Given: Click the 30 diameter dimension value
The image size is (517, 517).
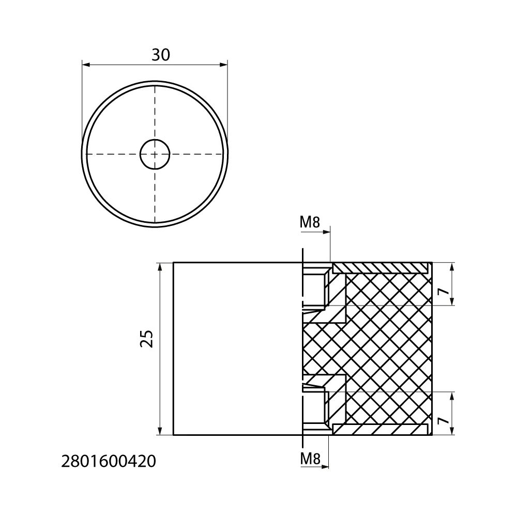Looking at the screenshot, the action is click(161, 55).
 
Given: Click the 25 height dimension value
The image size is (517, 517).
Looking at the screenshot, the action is click(147, 338).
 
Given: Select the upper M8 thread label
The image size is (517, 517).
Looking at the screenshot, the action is click(310, 223).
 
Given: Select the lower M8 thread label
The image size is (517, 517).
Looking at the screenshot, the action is click(310, 459).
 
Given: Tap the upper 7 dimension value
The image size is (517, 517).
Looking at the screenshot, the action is click(444, 291).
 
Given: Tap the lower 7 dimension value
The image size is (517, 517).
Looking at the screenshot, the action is click(444, 420).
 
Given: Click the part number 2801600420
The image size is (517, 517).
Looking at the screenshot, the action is click(109, 462).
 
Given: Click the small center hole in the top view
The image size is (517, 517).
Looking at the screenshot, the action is click(155, 154).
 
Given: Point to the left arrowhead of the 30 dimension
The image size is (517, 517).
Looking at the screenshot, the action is click(86, 65).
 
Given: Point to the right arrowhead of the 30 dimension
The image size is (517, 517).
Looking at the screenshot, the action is click(223, 65).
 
